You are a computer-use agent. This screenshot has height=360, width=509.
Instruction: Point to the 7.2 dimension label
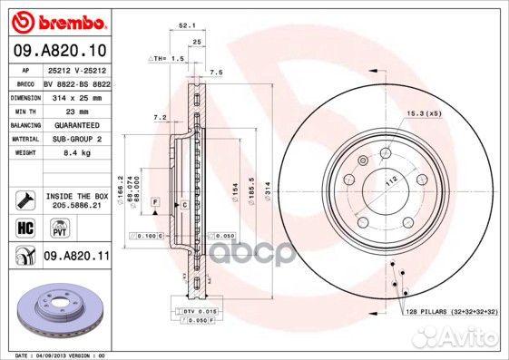(x=161, y=117)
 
